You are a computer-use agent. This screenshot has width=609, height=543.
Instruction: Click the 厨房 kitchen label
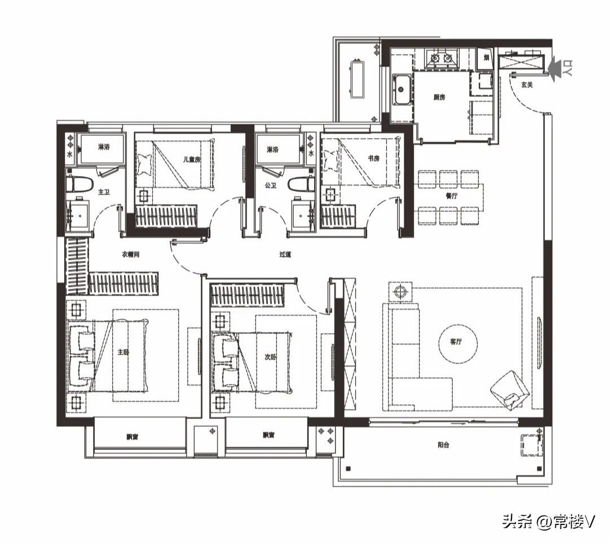[439, 97]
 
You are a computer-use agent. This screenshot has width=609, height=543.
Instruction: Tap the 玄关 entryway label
[527, 85]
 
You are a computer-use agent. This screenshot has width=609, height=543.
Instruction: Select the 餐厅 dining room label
[451, 196]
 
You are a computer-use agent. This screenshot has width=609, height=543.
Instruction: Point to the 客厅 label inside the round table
[456, 342]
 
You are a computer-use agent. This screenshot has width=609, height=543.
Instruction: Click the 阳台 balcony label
[444, 445]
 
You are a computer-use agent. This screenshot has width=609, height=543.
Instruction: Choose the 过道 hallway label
[285, 255]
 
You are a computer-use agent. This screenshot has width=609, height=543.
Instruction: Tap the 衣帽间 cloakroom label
[130, 255]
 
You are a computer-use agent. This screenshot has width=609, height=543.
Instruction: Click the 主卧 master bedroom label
[123, 352]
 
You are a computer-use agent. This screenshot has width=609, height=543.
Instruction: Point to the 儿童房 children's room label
[192, 160]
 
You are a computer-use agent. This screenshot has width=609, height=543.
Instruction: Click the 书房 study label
[373, 158]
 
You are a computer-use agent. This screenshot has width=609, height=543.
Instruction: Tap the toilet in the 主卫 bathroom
[80, 184]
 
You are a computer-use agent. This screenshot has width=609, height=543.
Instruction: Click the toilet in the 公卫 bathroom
[300, 184]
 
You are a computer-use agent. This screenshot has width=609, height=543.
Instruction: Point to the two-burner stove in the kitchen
[440, 58]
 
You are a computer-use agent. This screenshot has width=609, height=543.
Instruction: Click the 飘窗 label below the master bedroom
[133, 436]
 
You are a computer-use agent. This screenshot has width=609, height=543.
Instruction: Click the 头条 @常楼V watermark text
[548, 522]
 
